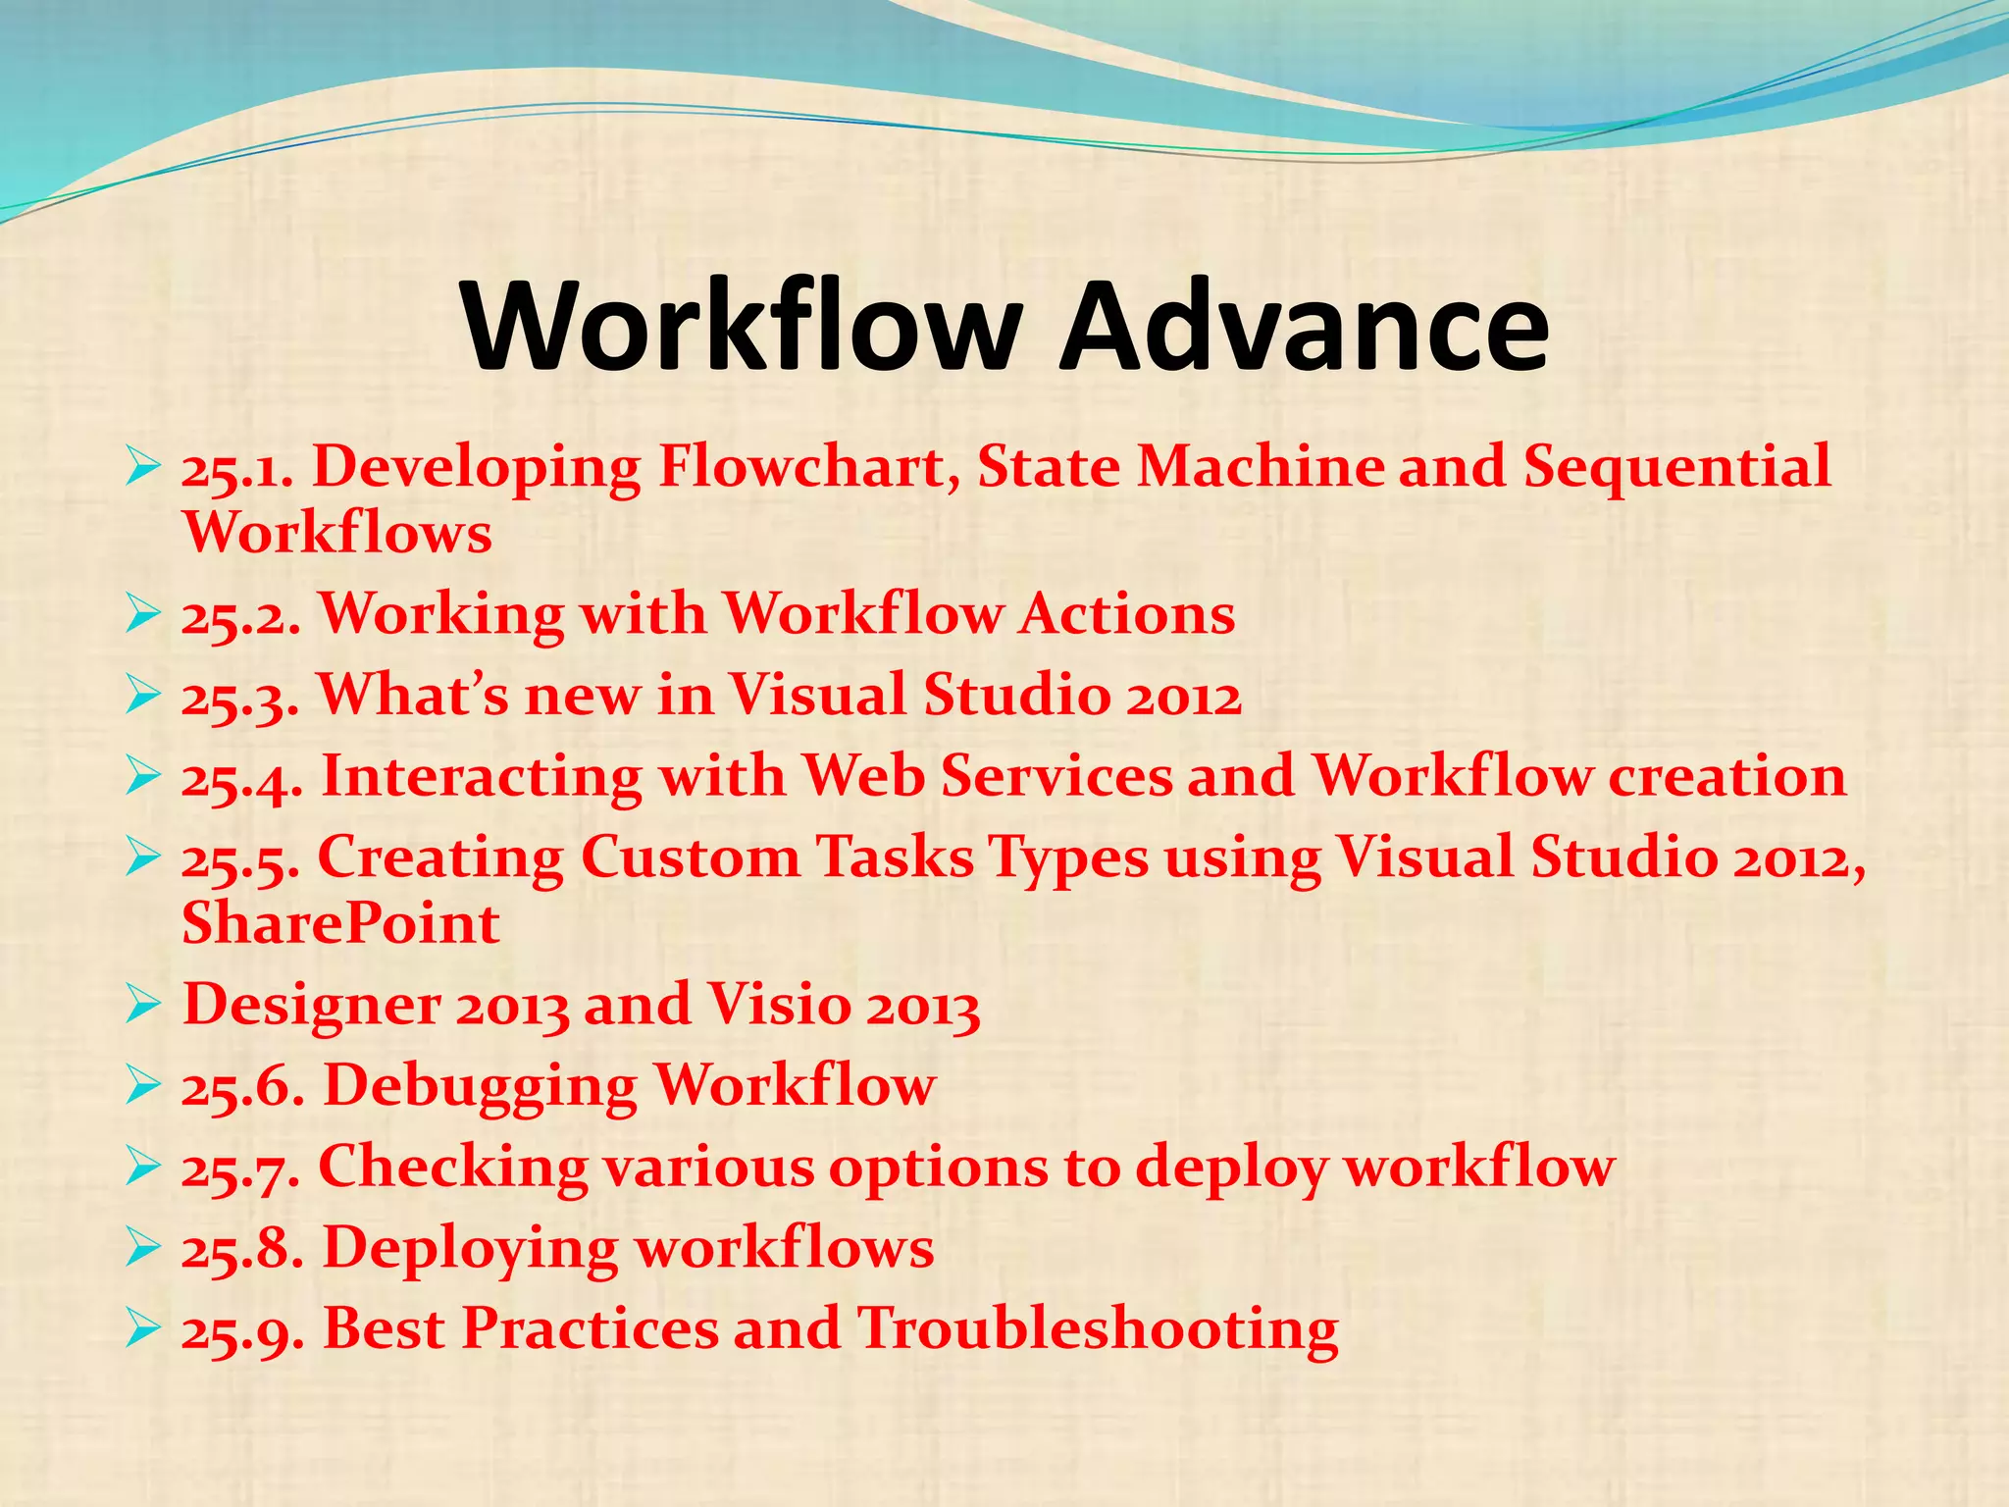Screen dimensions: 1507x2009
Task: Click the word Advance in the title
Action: click(x=1305, y=326)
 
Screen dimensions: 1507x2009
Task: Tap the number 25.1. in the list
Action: click(x=237, y=468)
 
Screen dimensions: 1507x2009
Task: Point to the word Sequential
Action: click(x=1675, y=468)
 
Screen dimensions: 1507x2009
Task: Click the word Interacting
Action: click(x=481, y=776)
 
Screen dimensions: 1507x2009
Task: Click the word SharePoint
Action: click(x=340, y=923)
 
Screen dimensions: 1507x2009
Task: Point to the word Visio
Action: click(x=779, y=1005)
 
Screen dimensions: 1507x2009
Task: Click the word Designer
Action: click(x=312, y=1007)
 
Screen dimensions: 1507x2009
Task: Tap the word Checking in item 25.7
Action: click(x=452, y=1169)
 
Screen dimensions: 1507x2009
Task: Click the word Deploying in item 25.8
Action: click(x=470, y=1250)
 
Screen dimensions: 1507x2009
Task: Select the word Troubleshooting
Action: click(x=1097, y=1331)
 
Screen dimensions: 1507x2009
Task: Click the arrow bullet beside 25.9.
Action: click(x=143, y=1330)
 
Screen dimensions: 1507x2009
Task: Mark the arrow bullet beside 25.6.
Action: click(x=143, y=1087)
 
